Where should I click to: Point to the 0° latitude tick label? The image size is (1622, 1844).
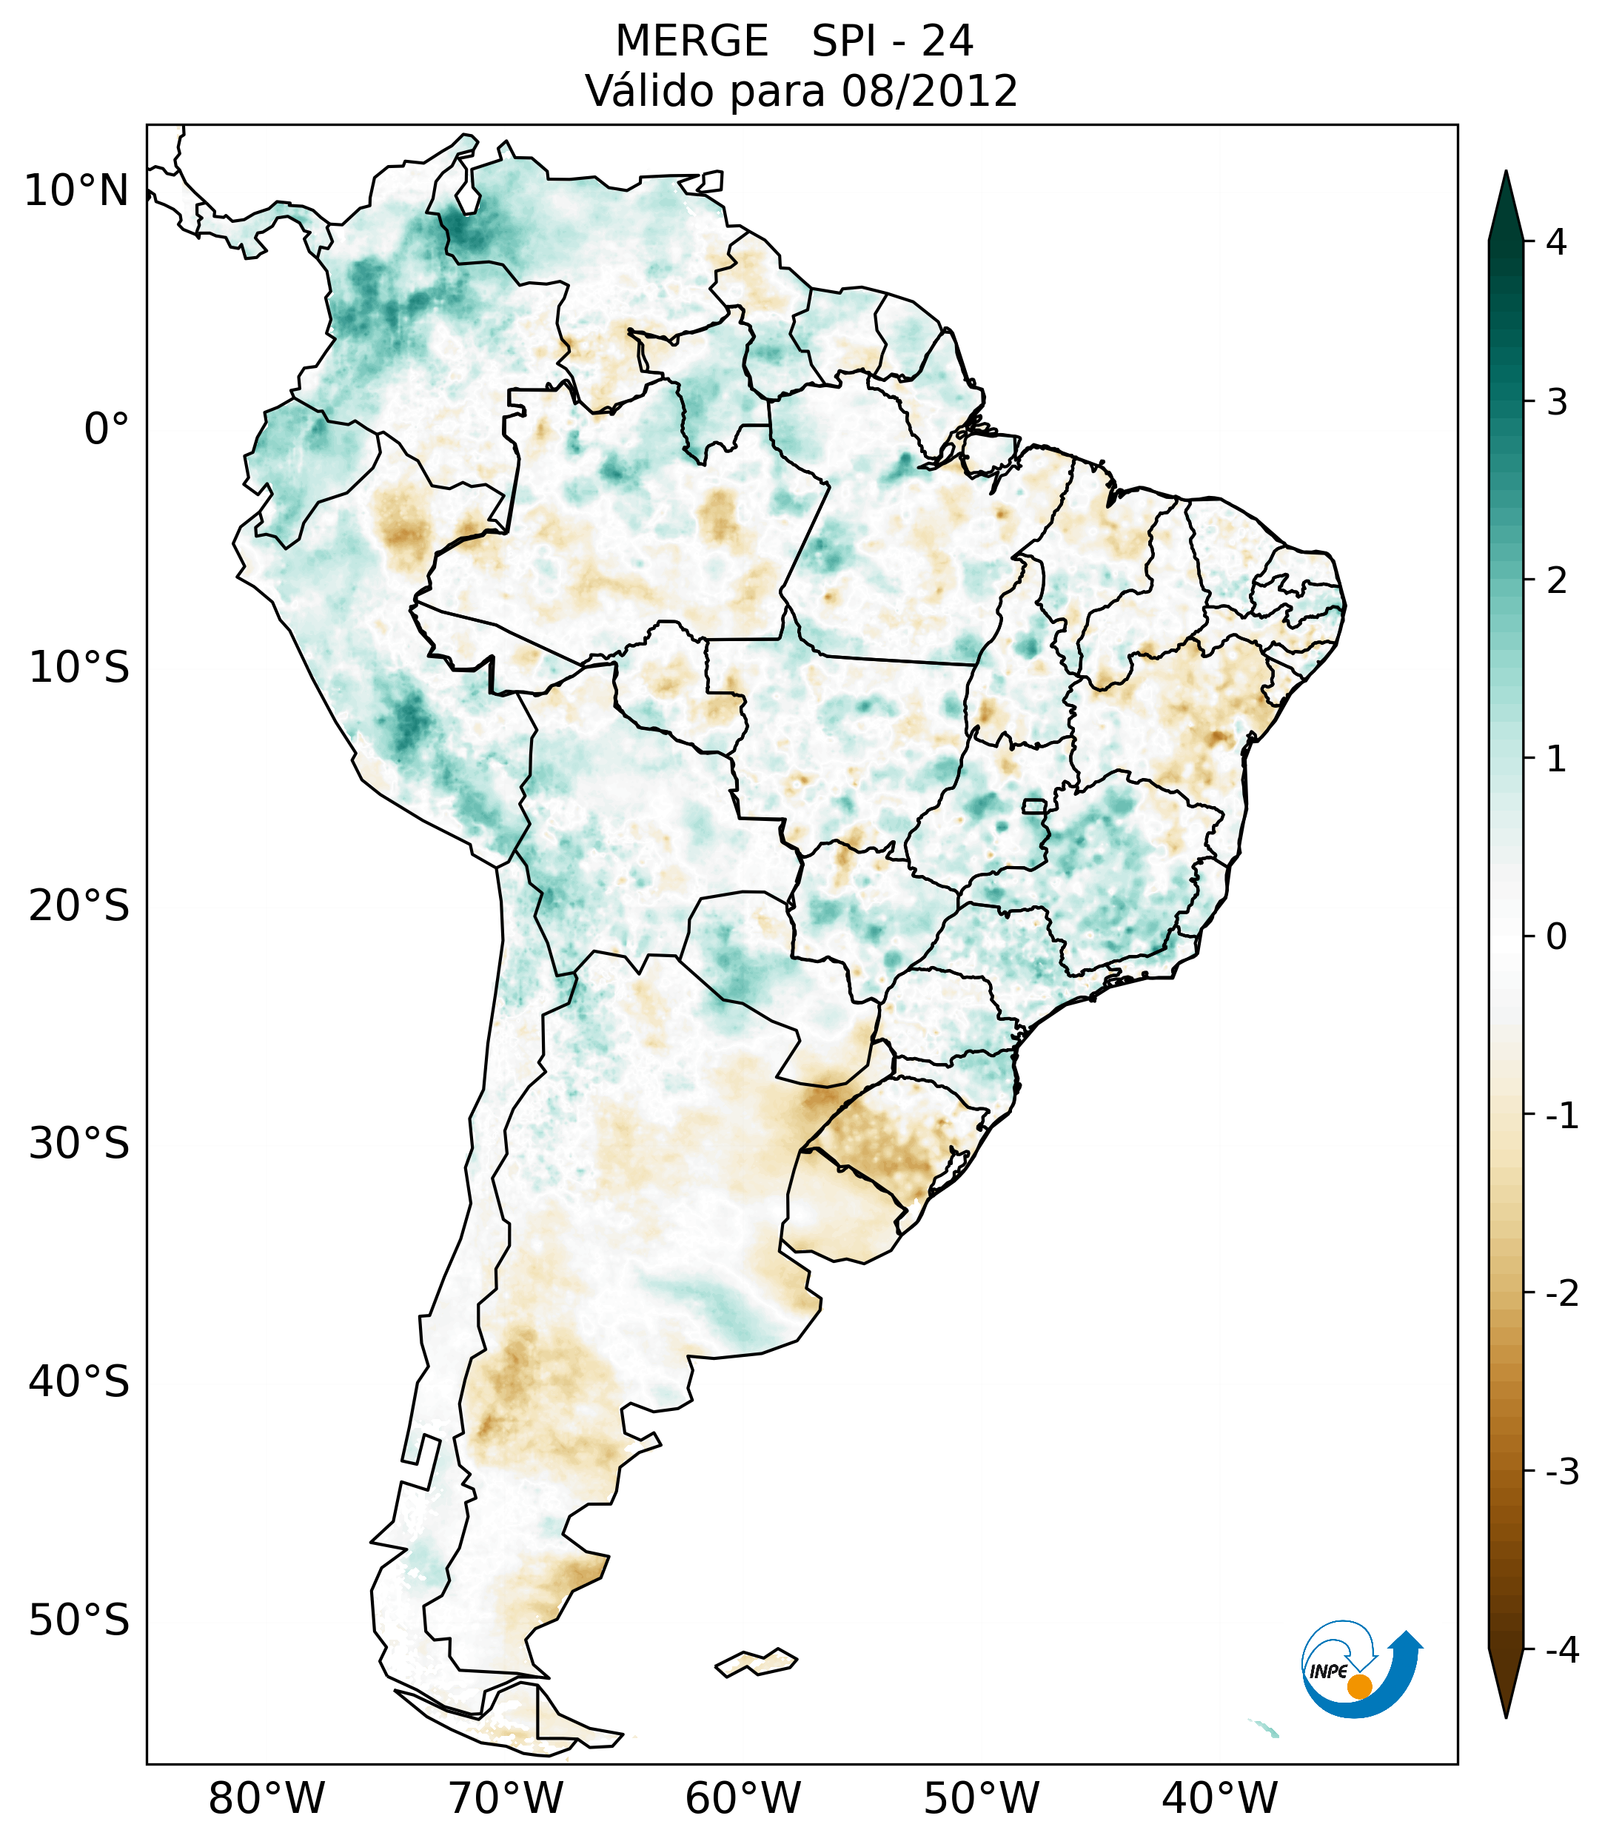(107, 429)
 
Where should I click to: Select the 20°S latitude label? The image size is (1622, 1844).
(79, 906)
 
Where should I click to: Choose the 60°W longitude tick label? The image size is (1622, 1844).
(743, 1798)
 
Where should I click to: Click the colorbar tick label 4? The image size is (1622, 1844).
(1556, 242)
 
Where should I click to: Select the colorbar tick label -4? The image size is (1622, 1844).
(1561, 1650)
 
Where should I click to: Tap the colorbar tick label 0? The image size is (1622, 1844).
(1556, 937)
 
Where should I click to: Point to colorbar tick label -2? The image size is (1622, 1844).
(1561, 1294)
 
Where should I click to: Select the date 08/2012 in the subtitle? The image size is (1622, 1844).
(930, 91)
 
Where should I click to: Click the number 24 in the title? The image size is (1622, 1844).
(948, 41)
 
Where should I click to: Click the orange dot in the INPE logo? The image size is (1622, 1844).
(1359, 1686)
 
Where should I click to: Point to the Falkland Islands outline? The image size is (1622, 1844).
(756, 1662)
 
